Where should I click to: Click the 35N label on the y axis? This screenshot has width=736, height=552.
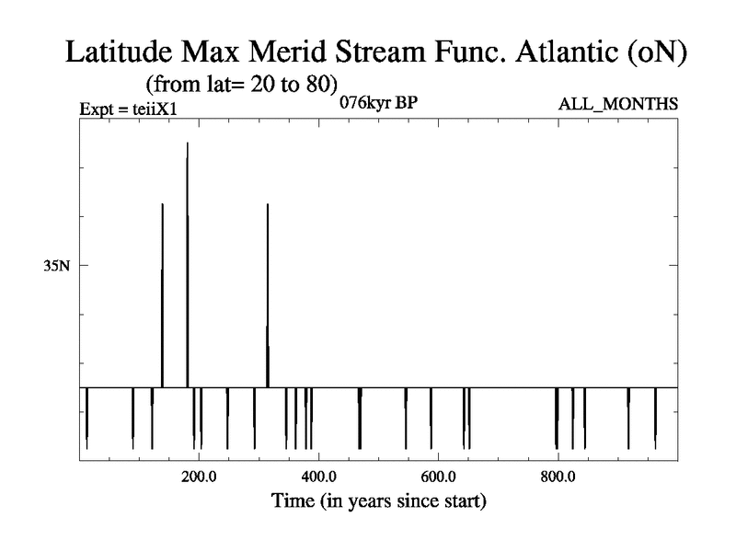57,266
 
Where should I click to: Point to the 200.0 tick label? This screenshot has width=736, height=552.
199,477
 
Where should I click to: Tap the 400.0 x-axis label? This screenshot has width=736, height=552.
318,477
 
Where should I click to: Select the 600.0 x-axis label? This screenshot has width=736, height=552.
439,477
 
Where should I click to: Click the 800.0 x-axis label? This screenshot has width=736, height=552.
558,477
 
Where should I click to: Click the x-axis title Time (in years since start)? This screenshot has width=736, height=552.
379,501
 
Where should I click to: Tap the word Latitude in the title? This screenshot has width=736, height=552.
120,52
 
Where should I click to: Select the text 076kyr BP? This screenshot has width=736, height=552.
378,103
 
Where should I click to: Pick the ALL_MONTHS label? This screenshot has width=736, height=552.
617,104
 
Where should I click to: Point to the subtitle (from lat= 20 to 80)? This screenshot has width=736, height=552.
242,85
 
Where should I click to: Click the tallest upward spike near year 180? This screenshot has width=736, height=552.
188,265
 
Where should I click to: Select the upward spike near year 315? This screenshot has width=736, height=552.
268,295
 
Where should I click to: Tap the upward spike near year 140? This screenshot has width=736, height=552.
163,295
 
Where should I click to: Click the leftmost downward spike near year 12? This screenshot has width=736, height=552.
86,419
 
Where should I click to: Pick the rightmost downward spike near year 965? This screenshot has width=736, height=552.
656,419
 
